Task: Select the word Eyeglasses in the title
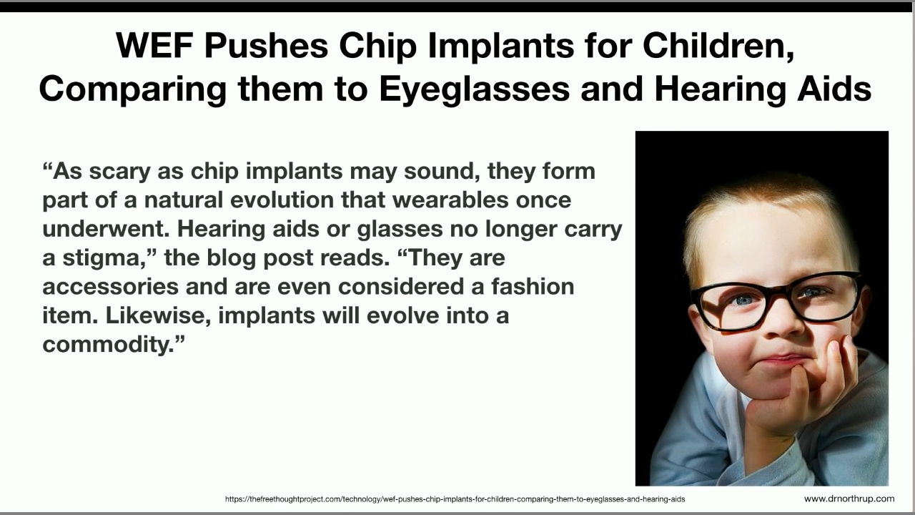(x=474, y=89)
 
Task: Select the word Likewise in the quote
(x=159, y=315)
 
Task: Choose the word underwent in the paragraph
(x=107, y=230)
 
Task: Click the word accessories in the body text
(x=111, y=287)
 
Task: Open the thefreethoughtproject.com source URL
(x=455, y=499)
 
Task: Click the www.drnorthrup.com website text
(x=849, y=499)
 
